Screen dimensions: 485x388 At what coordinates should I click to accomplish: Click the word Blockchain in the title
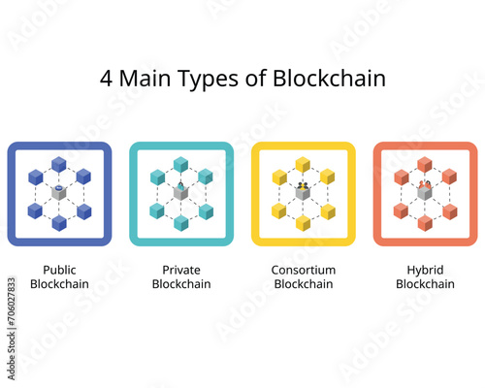[329, 79]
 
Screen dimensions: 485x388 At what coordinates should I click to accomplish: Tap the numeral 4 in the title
[106, 79]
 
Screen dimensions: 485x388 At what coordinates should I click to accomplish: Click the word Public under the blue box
[59, 270]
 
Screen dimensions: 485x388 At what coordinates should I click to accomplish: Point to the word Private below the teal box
[181, 270]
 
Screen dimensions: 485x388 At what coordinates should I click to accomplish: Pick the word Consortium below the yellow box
[304, 270]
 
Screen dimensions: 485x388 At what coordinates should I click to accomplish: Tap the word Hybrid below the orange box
[425, 271]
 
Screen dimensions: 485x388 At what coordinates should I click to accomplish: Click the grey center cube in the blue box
[59, 193]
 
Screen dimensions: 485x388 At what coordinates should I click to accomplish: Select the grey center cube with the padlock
[180, 193]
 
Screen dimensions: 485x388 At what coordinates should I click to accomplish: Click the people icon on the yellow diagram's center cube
[303, 186]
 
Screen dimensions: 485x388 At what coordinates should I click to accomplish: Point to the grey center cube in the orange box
[425, 193]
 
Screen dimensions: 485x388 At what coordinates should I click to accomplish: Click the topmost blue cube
[59, 165]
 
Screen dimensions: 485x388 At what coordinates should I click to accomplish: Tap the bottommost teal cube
[181, 223]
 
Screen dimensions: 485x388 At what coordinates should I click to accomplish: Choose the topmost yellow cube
[303, 165]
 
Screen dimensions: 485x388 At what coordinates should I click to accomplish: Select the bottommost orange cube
[425, 223]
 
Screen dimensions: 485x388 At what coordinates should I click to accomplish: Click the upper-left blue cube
[36, 178]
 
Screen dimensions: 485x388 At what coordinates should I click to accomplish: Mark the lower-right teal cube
[206, 211]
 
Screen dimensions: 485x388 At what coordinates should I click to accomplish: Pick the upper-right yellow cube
[327, 177]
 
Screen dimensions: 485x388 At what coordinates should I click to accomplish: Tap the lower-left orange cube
[401, 210]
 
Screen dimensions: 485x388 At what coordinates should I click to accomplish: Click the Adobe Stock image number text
[12, 329]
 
